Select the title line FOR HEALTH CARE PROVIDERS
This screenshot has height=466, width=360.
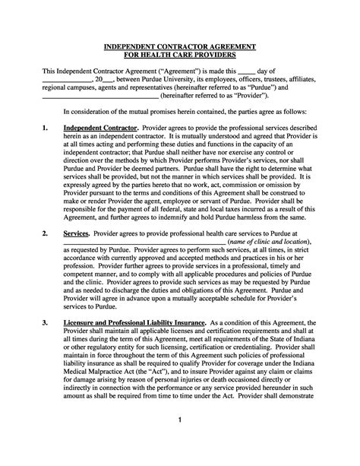tap(181, 55)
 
